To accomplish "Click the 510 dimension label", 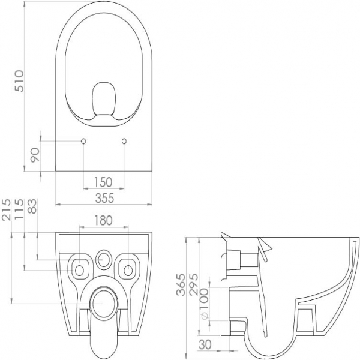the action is pos(19,81).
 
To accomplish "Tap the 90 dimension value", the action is pos(35,155).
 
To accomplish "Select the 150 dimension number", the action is pos(103,182).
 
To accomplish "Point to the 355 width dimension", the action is pos(104,198).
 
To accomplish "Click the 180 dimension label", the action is pos(103,220).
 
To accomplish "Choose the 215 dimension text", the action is pos(6,209).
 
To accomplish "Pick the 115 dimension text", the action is pos(19,209).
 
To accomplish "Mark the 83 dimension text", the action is pos(32,206).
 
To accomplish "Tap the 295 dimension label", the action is pos(193,284).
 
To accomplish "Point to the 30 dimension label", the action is pos(205,344).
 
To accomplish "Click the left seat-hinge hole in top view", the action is pos(83,141).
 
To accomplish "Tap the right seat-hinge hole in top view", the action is pos(124,141).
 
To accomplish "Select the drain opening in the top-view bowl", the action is pos(104,98).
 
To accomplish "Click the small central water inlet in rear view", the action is pos(103,259).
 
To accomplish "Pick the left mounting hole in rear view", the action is pos(79,270).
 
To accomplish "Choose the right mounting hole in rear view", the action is pos(128,270).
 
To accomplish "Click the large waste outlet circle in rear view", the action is pos(104,304).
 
